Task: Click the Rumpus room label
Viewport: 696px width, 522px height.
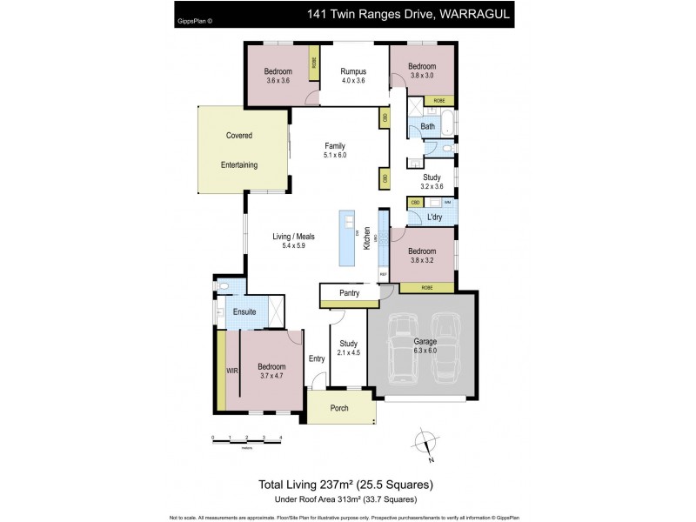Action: (352, 71)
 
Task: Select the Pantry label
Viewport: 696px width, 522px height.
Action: (350, 293)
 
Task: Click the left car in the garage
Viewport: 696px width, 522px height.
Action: (404, 348)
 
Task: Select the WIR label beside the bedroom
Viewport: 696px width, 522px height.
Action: (231, 370)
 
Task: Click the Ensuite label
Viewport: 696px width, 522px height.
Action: (244, 311)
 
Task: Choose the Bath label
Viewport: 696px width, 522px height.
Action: (427, 127)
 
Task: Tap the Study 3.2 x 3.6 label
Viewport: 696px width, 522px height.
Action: (432, 181)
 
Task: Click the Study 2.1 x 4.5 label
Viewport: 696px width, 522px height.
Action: (350, 349)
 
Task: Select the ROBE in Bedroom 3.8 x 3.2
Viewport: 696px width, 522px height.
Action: (427, 287)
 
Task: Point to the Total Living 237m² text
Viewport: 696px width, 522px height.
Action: (346, 484)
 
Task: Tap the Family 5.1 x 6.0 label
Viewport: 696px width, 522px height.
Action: (335, 150)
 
